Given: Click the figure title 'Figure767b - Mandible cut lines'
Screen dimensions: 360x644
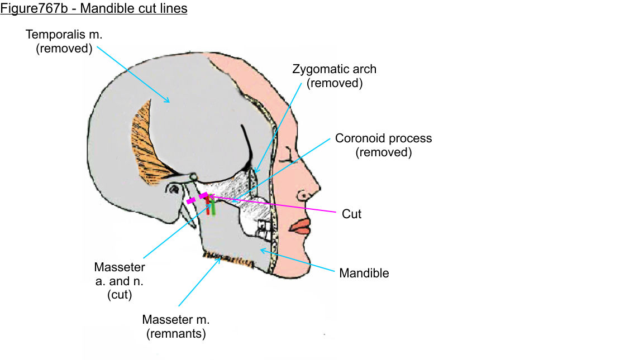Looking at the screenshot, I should (x=93, y=9).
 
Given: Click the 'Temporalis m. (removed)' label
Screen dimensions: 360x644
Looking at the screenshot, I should (x=64, y=41).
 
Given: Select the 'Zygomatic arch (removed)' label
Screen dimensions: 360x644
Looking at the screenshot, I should (x=335, y=76).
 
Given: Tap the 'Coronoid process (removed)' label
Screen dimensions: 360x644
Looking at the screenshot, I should (x=383, y=145).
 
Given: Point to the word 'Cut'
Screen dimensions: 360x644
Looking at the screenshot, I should (x=351, y=214).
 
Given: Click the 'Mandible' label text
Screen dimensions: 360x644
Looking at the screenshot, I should (x=364, y=273).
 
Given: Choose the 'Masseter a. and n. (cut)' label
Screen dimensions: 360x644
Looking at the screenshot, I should (x=120, y=281).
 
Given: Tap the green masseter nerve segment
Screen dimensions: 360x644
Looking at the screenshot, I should (x=213, y=208).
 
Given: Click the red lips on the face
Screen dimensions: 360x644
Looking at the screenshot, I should (x=302, y=225).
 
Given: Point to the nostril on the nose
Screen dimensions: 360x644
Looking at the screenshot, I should (x=303, y=196).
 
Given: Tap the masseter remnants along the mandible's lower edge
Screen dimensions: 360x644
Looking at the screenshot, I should (x=226, y=258).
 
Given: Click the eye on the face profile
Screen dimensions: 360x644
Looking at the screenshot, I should (x=288, y=154).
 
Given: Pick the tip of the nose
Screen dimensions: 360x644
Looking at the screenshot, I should (x=319, y=188).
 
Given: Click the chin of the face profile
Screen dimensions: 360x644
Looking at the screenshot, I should (x=304, y=262).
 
